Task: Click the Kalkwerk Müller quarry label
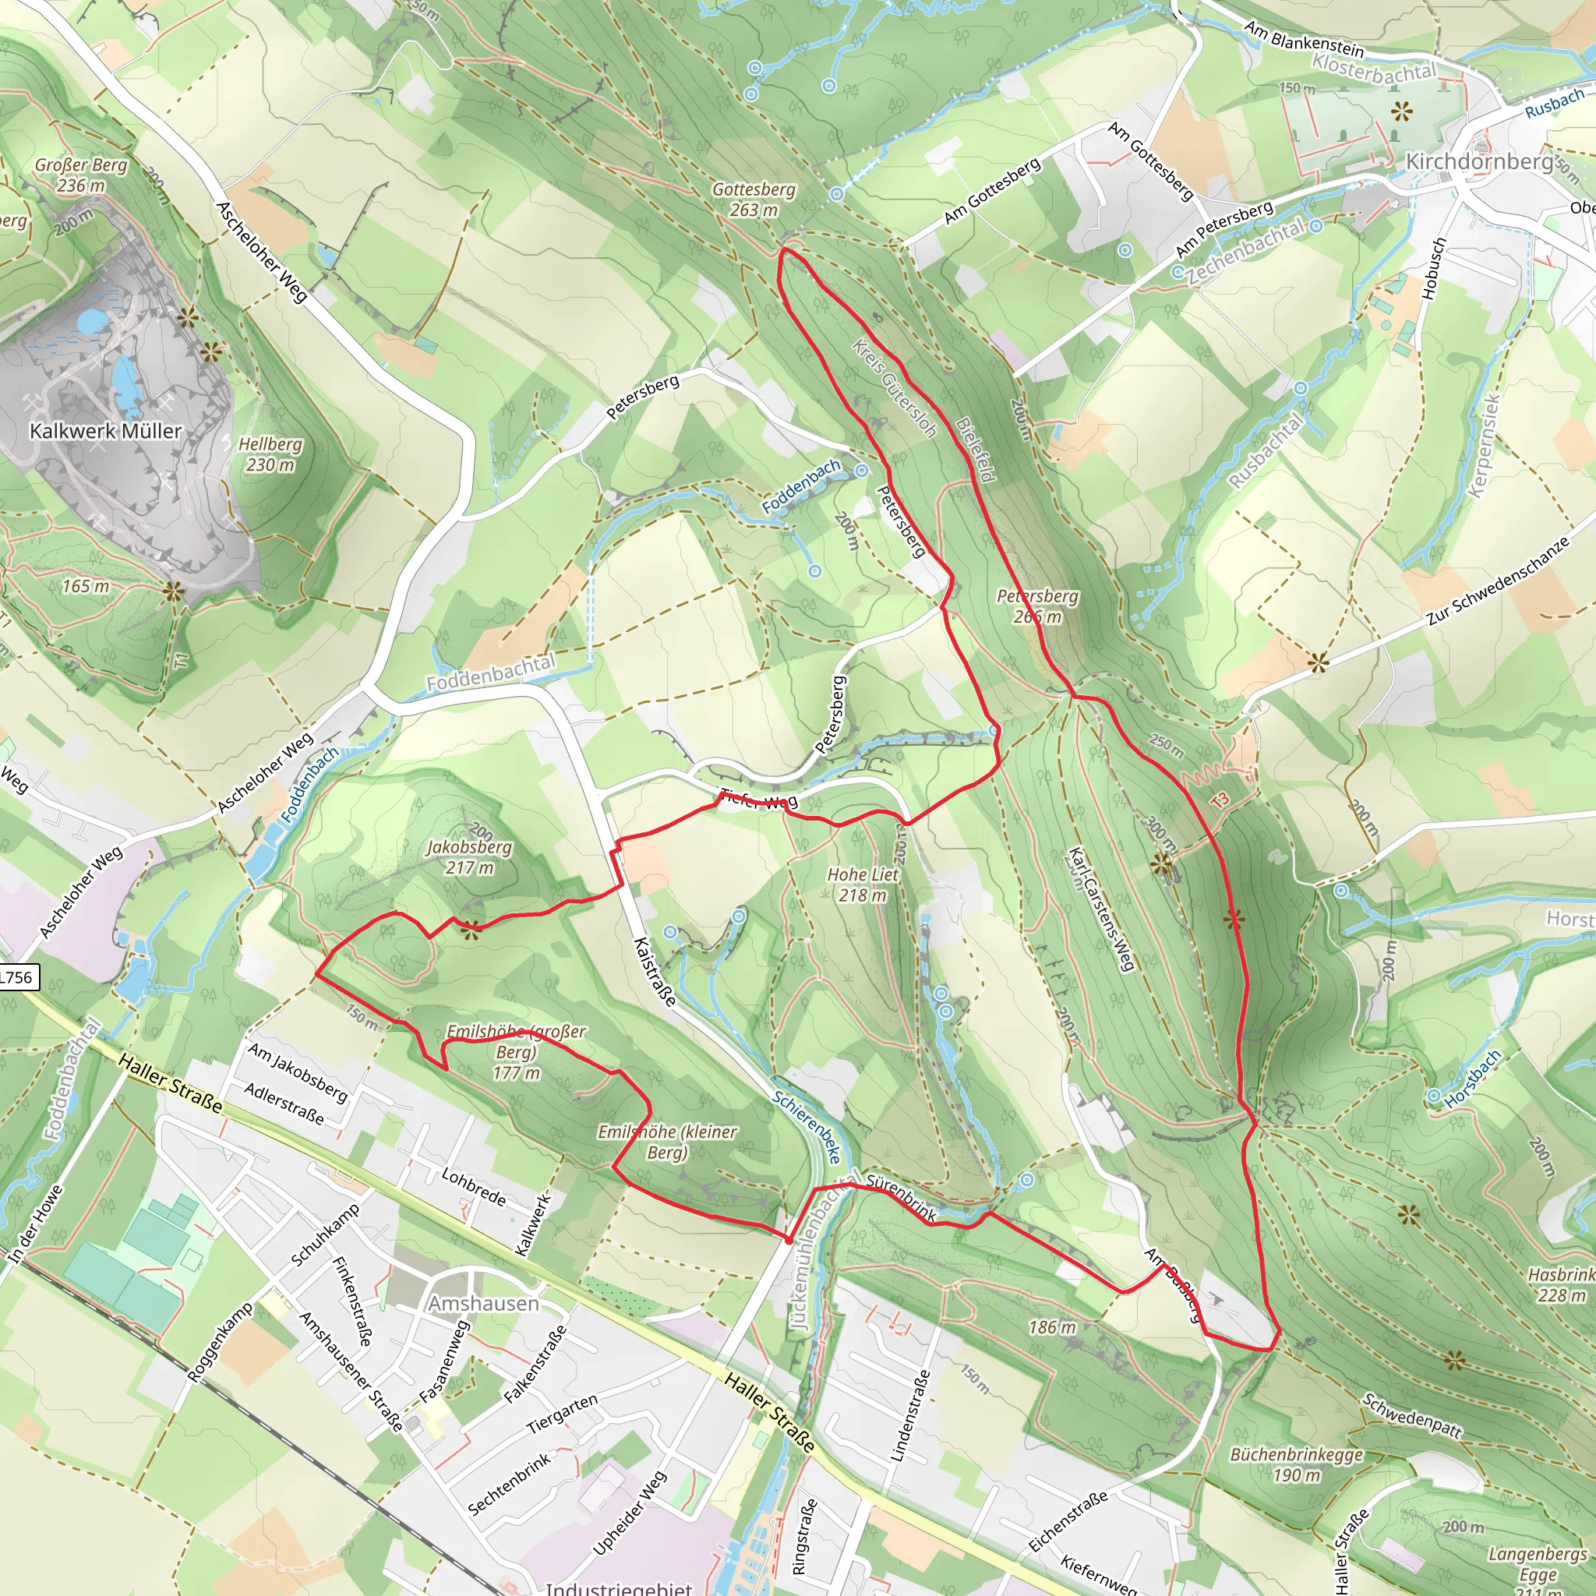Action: click(x=105, y=431)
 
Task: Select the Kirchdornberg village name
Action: click(x=1478, y=161)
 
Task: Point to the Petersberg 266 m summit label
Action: click(x=1037, y=606)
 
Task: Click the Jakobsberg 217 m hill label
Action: click(x=468, y=857)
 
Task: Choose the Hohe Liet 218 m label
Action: click(x=863, y=885)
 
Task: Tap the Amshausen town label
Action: click(x=483, y=1304)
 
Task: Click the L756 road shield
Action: click(x=16, y=977)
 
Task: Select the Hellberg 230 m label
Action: click(x=270, y=454)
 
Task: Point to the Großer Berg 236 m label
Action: click(x=80, y=175)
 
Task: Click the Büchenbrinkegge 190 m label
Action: click(x=1296, y=1464)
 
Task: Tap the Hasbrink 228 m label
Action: click(x=1560, y=1284)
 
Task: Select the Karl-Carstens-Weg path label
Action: click(x=1100, y=909)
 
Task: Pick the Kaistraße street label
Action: click(x=655, y=972)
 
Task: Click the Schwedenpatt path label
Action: click(x=1412, y=1415)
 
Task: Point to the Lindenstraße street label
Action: click(x=910, y=1417)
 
